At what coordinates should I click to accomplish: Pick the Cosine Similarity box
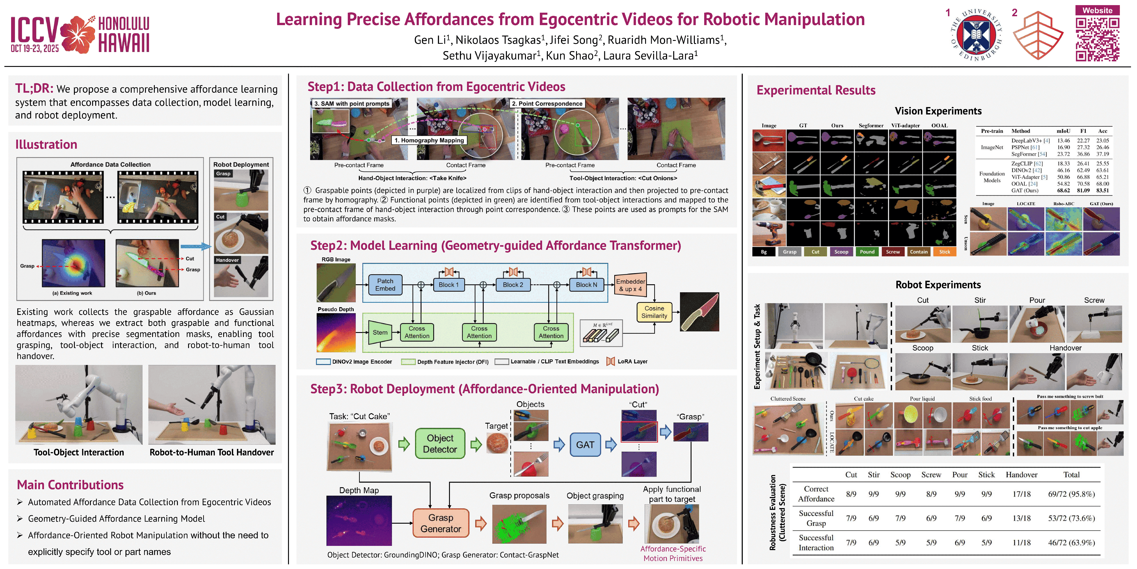[654, 312]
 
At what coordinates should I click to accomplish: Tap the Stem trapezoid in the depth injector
[379, 332]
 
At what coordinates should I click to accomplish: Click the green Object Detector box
[440, 444]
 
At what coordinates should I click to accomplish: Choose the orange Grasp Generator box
[441, 523]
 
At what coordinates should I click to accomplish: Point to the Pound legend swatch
[867, 252]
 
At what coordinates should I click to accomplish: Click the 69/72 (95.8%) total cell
[1071, 494]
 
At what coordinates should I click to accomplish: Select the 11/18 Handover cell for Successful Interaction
[1021, 543]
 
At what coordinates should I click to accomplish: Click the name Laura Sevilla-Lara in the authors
[648, 56]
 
